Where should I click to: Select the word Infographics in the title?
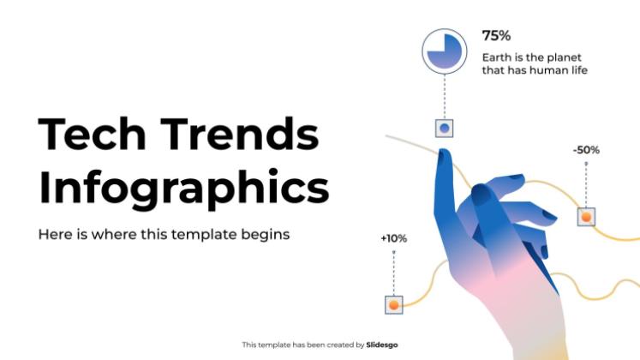183,188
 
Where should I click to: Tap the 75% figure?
496,36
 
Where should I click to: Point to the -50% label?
586,150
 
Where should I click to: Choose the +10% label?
393,238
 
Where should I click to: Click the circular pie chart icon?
445,51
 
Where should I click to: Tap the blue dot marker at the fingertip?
444,129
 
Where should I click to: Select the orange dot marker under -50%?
586,217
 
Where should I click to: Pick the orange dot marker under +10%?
394,303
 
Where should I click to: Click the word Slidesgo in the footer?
382,345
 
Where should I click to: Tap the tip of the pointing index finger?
444,154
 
